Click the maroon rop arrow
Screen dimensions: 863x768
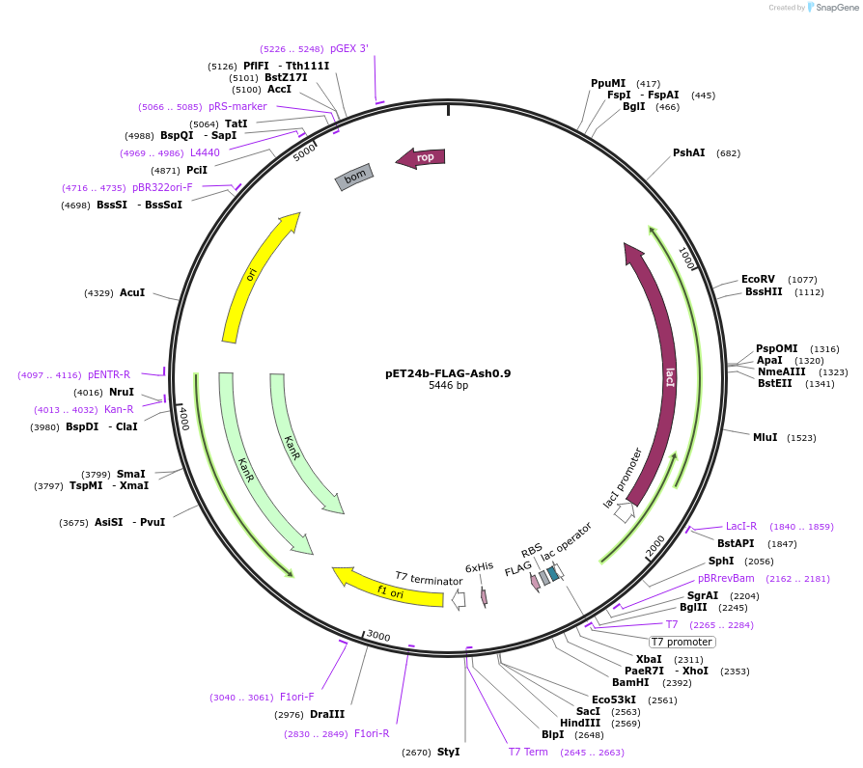pyautogui.click(x=421, y=158)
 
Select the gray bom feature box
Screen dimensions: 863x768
pyautogui.click(x=354, y=178)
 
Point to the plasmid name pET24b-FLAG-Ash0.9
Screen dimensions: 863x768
pyautogui.click(x=448, y=373)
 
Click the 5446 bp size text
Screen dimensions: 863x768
pyautogui.click(x=448, y=386)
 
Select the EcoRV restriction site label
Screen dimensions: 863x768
pyautogui.click(x=758, y=280)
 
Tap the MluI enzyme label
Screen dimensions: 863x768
pyautogui.click(x=766, y=437)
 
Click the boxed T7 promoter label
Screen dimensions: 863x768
pyautogui.click(x=682, y=642)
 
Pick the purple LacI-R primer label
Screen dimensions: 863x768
pyautogui.click(x=740, y=527)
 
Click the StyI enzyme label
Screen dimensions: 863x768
pyautogui.click(x=449, y=752)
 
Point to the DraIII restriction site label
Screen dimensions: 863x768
pyautogui.click(x=327, y=714)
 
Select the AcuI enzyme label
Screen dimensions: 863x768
pyautogui.click(x=132, y=292)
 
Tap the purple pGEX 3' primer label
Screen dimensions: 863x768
pyautogui.click(x=349, y=48)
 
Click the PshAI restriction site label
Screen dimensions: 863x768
pyautogui.click(x=689, y=153)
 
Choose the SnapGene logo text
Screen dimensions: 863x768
pyautogui.click(x=837, y=7)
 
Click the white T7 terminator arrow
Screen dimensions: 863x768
pyautogui.click(x=459, y=600)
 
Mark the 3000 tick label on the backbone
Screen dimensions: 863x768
pyautogui.click(x=378, y=636)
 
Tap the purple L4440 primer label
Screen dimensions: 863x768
pyautogui.click(x=205, y=153)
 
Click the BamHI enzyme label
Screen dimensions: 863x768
pyautogui.click(x=630, y=683)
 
